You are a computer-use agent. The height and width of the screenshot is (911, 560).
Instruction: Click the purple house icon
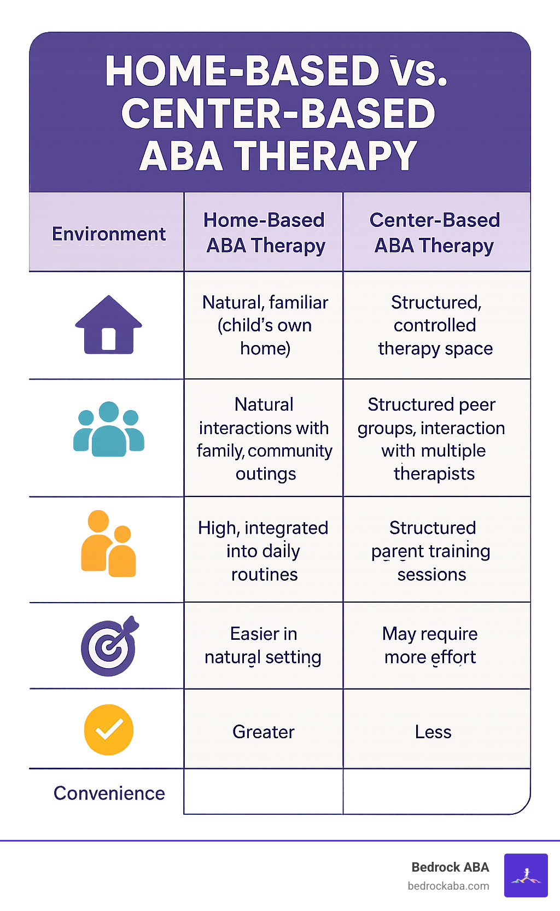tap(108, 325)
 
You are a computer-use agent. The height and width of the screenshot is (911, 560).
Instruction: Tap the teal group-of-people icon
tap(108, 430)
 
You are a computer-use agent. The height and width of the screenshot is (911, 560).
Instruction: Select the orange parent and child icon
tap(108, 545)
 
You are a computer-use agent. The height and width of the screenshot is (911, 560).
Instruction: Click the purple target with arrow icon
tap(109, 646)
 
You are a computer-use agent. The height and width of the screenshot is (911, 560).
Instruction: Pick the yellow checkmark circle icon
tap(108, 729)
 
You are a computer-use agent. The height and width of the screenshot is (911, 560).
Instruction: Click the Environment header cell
tap(108, 233)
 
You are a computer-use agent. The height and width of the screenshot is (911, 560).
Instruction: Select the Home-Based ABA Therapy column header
tap(265, 233)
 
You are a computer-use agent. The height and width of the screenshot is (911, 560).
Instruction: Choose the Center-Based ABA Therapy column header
tap(435, 233)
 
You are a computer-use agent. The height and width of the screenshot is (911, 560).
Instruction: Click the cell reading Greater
tap(263, 732)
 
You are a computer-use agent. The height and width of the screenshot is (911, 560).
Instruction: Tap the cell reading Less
tap(433, 732)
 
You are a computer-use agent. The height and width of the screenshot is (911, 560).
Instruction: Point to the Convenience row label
tap(109, 793)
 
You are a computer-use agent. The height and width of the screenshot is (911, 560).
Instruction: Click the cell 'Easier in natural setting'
tap(263, 645)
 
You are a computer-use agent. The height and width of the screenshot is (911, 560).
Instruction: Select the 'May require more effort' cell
tap(430, 645)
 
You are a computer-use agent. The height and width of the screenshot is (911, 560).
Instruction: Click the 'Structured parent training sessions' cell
tap(431, 551)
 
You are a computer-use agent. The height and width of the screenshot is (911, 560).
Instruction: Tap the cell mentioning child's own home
tap(265, 325)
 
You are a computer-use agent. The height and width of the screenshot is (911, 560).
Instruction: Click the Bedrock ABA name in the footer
tap(450, 867)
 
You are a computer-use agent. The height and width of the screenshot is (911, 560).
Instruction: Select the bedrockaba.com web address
tap(448, 886)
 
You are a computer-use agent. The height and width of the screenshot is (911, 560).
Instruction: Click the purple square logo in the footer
tap(526, 875)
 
